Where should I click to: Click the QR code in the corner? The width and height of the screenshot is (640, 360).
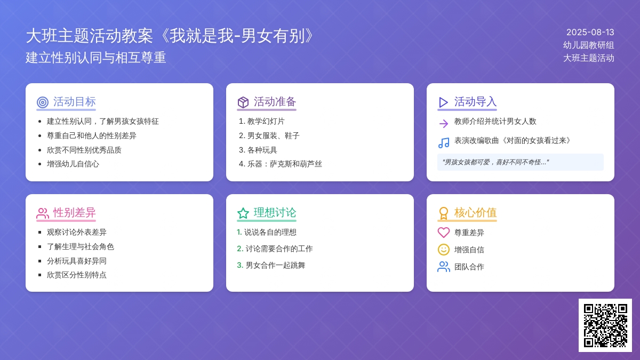coord(605,325)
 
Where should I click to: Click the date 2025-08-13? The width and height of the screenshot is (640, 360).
coord(590,33)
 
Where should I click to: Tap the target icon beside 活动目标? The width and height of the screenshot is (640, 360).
coord(43,102)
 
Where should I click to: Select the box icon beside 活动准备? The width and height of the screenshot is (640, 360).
coord(243,102)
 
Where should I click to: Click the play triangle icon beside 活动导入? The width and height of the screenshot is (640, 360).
coord(443,102)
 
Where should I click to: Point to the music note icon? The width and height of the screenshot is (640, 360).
coord(444,142)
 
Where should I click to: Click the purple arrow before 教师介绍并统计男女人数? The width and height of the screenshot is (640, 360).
coord(444,123)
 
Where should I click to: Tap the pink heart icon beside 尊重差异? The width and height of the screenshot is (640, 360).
coord(444,233)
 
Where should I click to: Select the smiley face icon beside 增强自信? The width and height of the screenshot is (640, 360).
coord(444,250)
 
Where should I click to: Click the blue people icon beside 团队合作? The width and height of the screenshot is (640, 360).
coord(444,267)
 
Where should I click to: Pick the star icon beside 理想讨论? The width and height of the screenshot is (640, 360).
coord(243,213)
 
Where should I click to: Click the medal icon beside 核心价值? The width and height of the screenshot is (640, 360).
coord(443,213)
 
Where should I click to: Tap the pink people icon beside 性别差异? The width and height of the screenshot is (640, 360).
coord(43,213)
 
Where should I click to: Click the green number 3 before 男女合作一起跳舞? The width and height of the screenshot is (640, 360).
coord(240,265)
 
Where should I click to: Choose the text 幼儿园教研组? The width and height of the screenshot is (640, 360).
coord(589,45)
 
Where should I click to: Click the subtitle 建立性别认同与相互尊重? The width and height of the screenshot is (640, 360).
coord(95,58)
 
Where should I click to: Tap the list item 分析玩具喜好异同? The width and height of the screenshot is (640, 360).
coord(77,261)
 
